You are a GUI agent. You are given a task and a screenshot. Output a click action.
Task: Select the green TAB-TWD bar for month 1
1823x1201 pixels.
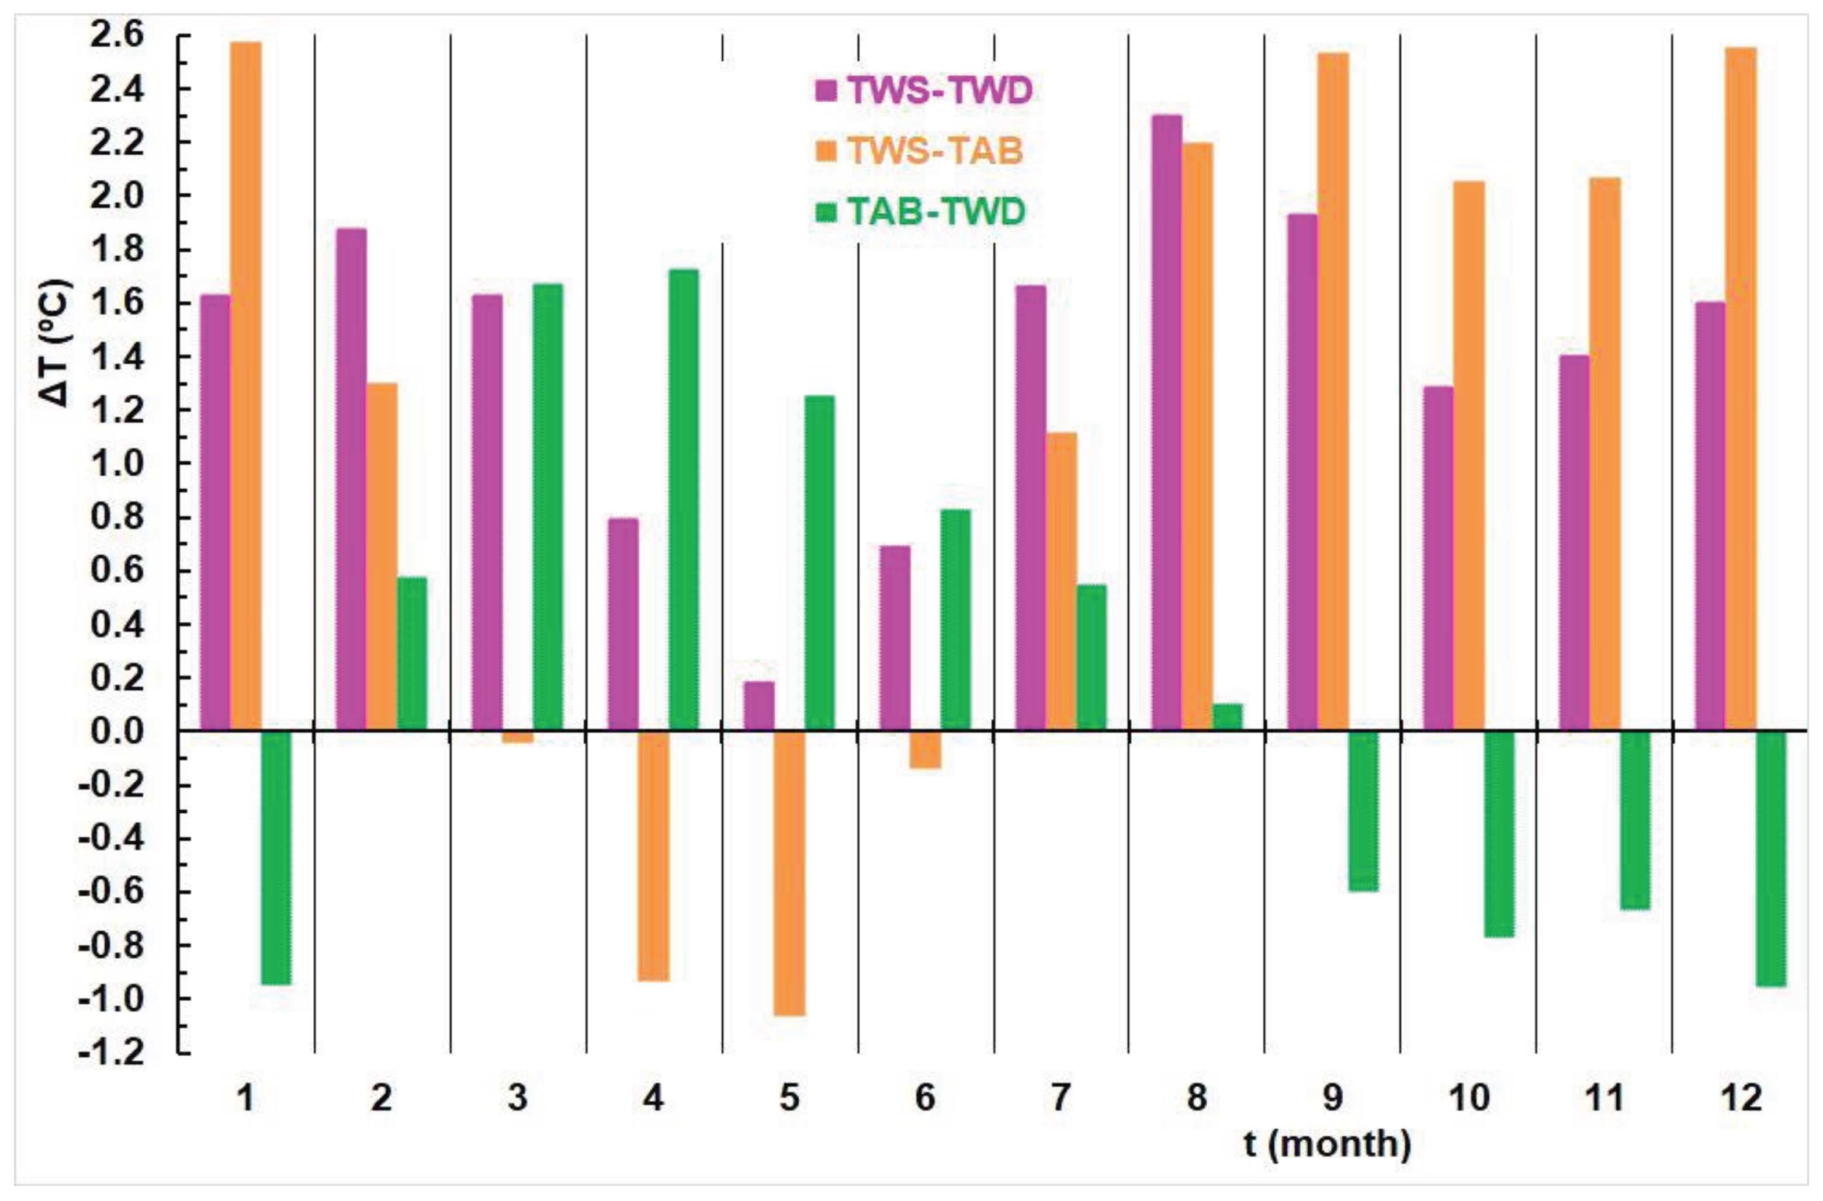coord(276,857)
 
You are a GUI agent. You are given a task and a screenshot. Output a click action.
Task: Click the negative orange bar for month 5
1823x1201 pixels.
coord(789,873)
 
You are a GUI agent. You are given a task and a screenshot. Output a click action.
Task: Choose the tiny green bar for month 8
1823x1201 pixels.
coord(1228,717)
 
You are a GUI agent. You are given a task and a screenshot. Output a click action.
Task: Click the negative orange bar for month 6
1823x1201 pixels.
coord(926,749)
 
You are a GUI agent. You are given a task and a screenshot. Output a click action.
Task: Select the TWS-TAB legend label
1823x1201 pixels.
coord(935,151)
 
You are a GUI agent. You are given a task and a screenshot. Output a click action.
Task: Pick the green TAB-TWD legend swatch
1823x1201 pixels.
coord(825,211)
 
